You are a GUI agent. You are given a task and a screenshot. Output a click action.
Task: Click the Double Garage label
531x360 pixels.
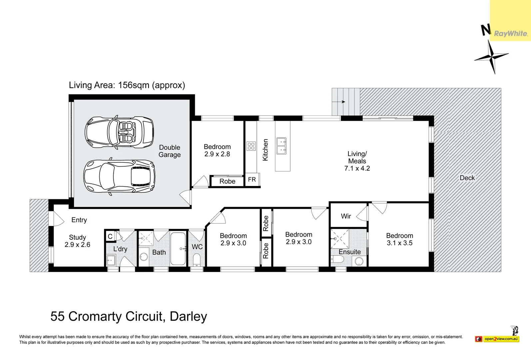[170, 151]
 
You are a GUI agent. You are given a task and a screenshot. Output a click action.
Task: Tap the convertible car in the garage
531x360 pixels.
[119, 132]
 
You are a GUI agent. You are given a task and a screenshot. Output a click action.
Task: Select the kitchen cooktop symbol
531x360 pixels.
[251, 146]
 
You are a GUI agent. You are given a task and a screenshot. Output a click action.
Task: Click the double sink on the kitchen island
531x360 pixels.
[281, 146]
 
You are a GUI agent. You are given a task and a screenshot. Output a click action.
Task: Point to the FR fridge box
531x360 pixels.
[252, 180]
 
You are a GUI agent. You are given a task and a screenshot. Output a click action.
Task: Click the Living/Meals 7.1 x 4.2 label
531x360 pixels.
[357, 161]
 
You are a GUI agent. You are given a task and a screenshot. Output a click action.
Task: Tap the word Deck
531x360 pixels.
[467, 178]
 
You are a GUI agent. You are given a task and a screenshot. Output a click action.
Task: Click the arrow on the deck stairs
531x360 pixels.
[338, 102]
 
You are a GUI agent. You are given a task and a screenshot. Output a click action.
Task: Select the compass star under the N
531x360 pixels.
[491, 57]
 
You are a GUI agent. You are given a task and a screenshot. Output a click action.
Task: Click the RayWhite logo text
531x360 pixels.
[511, 34]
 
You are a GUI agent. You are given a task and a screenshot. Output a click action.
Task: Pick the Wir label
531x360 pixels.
[346, 216]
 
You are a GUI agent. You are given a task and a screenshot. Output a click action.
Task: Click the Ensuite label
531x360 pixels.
[350, 252]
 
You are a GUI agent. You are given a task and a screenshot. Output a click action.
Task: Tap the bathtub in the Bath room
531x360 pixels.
[178, 249]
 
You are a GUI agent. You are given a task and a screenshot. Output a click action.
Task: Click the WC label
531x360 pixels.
[197, 247]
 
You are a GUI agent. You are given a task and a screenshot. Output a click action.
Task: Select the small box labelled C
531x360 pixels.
[110, 236]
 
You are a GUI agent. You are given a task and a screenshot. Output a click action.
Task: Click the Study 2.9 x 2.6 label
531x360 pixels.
[78, 241]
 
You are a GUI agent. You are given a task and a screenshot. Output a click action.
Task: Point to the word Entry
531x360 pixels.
[79, 220]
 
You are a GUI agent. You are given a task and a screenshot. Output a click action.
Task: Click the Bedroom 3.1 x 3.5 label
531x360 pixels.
[400, 239]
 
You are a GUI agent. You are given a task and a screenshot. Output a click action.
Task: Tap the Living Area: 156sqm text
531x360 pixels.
[127, 85]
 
